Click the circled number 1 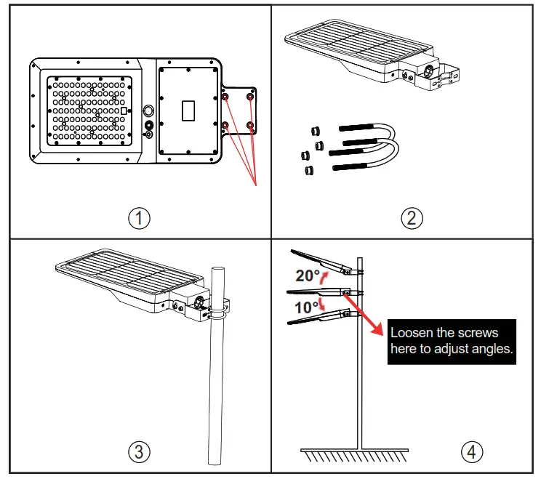138,217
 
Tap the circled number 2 412,217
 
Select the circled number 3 138,451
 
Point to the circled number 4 471,451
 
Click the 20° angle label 308,275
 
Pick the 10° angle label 306,307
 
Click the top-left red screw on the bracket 225,97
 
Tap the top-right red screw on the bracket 250,97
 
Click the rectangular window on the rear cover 188,110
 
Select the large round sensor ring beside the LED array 149,110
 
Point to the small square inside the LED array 124,110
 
